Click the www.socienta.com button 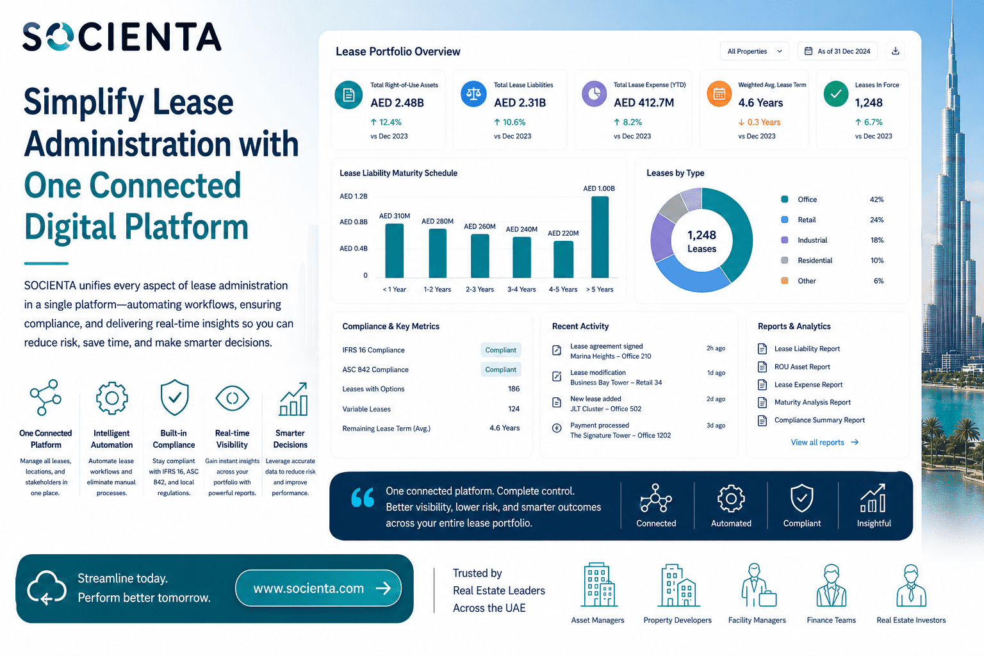[318, 588]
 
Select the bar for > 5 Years [600, 237]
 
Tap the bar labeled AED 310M [394, 250]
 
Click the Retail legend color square [785, 220]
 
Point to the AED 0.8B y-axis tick [353, 222]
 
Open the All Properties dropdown [754, 51]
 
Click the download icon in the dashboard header [895, 51]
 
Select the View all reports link [824, 443]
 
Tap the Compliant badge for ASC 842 [500, 370]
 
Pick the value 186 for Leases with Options [514, 389]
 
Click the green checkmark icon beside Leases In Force [835, 94]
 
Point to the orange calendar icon [719, 94]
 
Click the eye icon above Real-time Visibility [233, 398]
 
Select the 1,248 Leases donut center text [701, 242]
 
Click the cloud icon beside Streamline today [47, 588]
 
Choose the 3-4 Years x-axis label [521, 290]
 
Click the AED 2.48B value [397, 102]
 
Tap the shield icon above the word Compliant [801, 498]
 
